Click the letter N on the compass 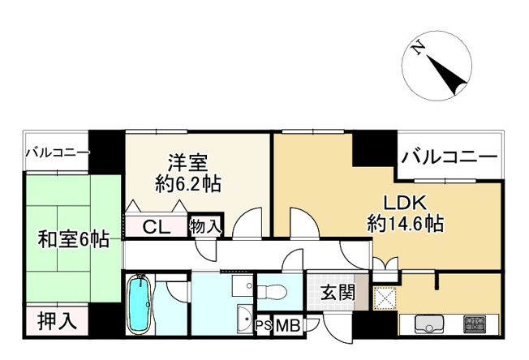point(419,47)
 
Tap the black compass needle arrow point(447,75)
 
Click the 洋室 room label point(187,164)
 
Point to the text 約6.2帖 point(188,184)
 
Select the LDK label point(405,203)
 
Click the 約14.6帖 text point(405,223)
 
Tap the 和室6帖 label point(73,240)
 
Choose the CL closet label point(157,227)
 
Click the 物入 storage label point(204,226)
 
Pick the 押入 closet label point(57,321)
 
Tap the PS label point(264,326)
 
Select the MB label point(288,326)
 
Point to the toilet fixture point(272,291)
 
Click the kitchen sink point(428,324)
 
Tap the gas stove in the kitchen point(474,324)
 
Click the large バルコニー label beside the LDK point(449,156)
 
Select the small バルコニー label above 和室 point(58,152)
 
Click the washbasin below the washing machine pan point(245,319)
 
